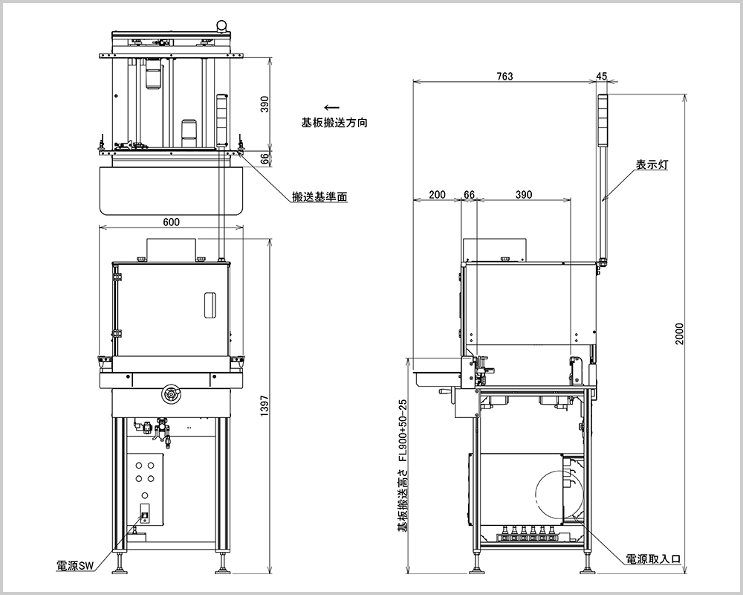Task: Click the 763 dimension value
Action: pos(504,76)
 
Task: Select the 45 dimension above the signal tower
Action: pos(601,76)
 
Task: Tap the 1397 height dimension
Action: pos(265,406)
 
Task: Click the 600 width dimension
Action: pos(172,221)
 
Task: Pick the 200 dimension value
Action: pos(437,195)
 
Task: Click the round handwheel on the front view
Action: pos(172,393)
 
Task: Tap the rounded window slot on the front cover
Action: pos(210,304)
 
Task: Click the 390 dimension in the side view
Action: pos(523,195)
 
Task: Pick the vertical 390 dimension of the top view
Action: pos(265,105)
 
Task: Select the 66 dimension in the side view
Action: pos(468,195)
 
